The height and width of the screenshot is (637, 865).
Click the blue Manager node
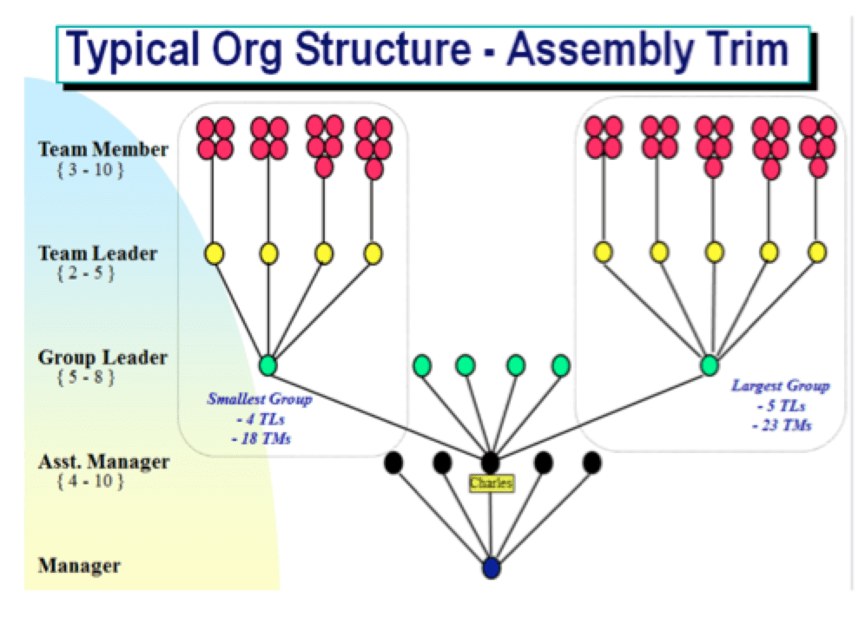[x=492, y=568]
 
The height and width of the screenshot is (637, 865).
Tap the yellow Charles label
[x=491, y=483]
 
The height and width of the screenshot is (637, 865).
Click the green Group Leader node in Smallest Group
[x=268, y=365]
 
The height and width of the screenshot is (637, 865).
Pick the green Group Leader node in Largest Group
[x=710, y=365]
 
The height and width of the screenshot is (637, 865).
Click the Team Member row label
[x=103, y=149]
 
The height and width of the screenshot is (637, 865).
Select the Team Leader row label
[x=98, y=253]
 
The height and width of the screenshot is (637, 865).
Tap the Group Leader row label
[x=103, y=358]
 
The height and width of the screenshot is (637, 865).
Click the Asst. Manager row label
[x=103, y=462]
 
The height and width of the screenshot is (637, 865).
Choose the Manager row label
[x=79, y=567]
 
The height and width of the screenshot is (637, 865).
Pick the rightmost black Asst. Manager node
[x=592, y=463]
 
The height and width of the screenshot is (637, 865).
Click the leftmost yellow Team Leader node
[x=214, y=253]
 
